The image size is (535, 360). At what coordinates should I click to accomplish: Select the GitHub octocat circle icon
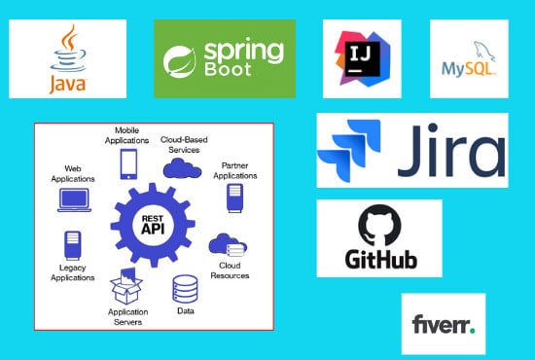pyautogui.click(x=379, y=226)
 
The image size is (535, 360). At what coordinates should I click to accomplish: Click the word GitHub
pyautogui.click(x=379, y=260)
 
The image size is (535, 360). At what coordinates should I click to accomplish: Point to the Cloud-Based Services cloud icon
pyautogui.click(x=181, y=167)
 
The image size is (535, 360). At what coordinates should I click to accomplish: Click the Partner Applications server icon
pyautogui.click(x=233, y=198)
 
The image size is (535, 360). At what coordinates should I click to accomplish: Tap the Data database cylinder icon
pyautogui.click(x=185, y=289)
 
